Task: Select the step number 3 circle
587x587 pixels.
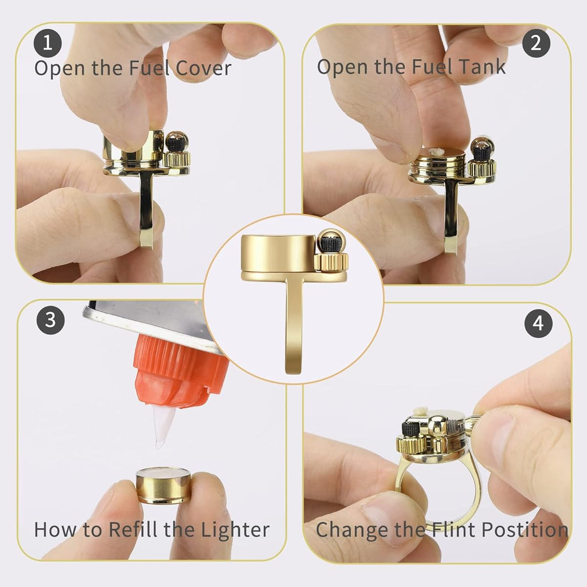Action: point(51,321)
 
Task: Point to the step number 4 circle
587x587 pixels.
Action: point(538,324)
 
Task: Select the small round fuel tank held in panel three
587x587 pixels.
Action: point(163,485)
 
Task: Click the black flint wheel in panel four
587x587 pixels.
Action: point(411,426)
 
